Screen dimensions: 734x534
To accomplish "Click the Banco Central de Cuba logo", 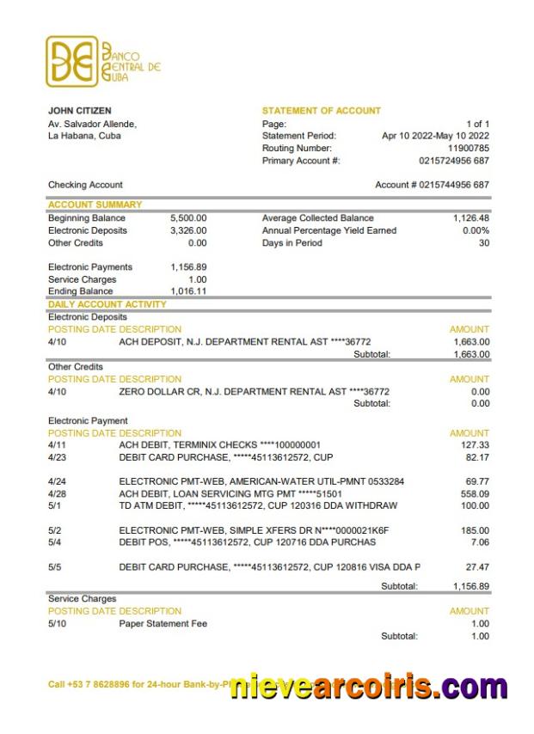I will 103,61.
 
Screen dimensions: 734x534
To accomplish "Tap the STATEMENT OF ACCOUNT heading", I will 321,111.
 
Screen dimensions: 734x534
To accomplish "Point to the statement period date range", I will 435,136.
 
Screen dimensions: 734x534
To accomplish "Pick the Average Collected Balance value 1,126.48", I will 471,218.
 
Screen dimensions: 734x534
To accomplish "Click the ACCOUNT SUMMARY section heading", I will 95,205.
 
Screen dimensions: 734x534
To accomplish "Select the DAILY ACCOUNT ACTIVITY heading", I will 107,304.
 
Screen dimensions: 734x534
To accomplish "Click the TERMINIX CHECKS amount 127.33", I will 475,445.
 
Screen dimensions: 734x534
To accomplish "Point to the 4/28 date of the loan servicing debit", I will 57,494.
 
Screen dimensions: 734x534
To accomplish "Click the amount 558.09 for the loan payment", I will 475,494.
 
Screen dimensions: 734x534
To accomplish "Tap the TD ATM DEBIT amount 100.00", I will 475,506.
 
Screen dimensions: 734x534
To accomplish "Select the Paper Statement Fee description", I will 163,623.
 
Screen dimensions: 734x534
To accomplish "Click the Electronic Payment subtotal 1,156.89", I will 470,586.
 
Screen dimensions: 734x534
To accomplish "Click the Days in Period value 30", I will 483,243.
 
